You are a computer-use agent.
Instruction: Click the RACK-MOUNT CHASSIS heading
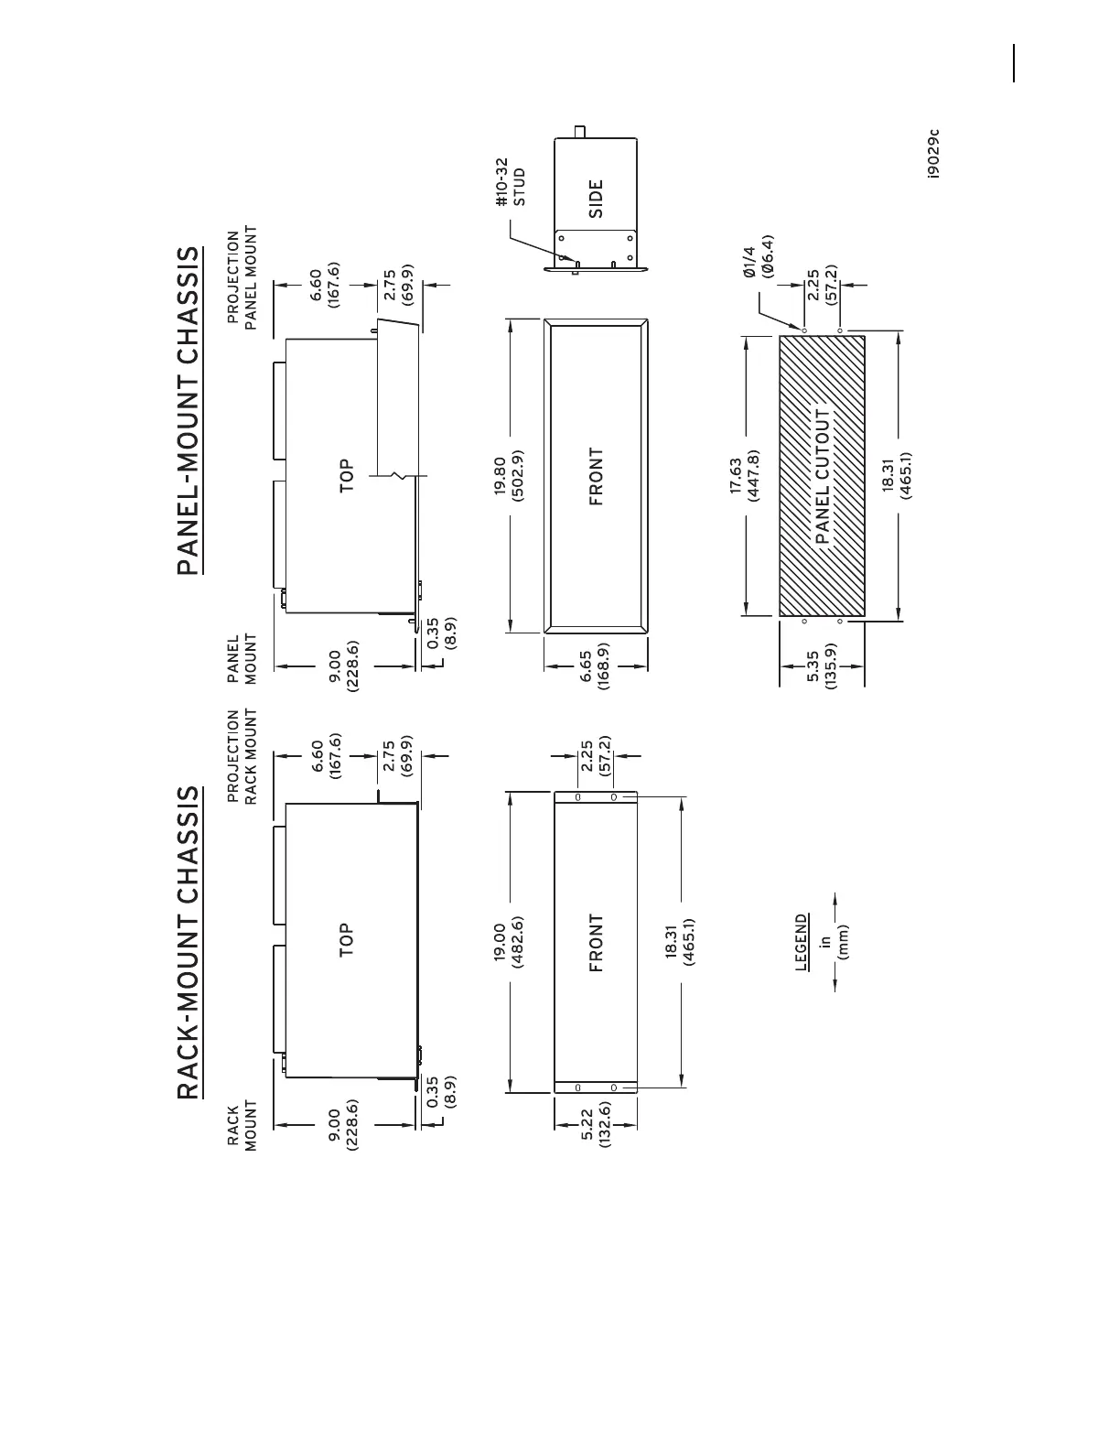click(x=187, y=942)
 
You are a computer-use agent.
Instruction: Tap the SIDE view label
click(x=596, y=198)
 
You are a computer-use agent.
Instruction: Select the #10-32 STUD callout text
click(x=510, y=181)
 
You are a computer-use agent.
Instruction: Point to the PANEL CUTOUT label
click(x=822, y=476)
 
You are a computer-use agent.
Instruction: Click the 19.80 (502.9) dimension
click(x=509, y=475)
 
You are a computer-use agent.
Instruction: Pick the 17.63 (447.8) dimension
click(x=746, y=475)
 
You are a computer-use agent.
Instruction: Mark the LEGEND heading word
click(x=802, y=942)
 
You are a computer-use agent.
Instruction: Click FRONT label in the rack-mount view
click(x=596, y=942)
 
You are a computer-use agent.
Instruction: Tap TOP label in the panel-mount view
click(x=346, y=475)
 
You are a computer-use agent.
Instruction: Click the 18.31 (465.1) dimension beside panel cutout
click(x=897, y=475)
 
